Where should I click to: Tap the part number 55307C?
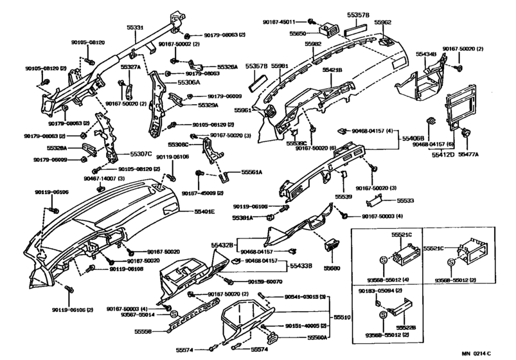(x=141, y=154)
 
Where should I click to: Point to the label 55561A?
(x=252, y=173)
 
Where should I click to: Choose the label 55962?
(x=383, y=21)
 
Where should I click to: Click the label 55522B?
(x=405, y=328)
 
